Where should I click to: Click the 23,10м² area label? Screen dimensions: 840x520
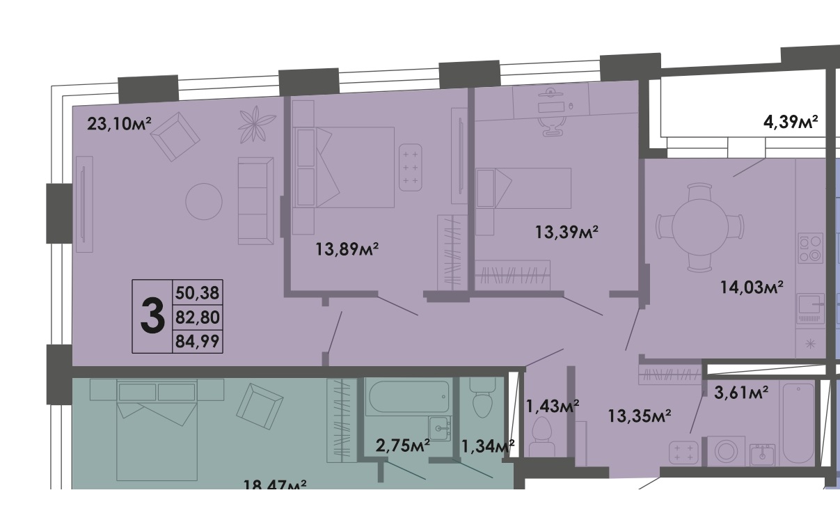[x=119, y=123]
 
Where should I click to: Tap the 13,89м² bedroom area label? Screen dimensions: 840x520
[x=347, y=249]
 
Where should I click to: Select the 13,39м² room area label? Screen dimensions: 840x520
[x=566, y=233]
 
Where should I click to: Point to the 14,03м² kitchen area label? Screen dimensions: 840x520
[x=752, y=287]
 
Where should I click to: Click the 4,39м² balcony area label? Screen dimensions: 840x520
[x=791, y=122]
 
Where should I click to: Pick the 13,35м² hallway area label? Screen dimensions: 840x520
[x=639, y=416]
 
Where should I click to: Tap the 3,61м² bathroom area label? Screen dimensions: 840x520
[x=741, y=393]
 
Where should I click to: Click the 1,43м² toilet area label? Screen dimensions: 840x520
[x=553, y=406]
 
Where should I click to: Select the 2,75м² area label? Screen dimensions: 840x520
[x=403, y=446]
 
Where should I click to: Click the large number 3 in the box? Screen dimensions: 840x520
[x=152, y=317]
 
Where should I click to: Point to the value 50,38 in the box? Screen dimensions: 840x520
[x=197, y=292]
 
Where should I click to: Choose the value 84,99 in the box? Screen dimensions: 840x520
[x=197, y=341]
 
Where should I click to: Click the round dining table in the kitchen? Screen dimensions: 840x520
[x=700, y=227]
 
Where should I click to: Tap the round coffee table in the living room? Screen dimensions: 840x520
[x=204, y=201]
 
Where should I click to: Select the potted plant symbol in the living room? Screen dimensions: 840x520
[x=257, y=124]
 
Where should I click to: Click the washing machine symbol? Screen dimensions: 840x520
[x=726, y=451]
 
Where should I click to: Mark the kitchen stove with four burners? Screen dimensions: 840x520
[x=811, y=248]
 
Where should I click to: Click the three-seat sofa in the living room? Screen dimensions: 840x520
[x=255, y=201]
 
